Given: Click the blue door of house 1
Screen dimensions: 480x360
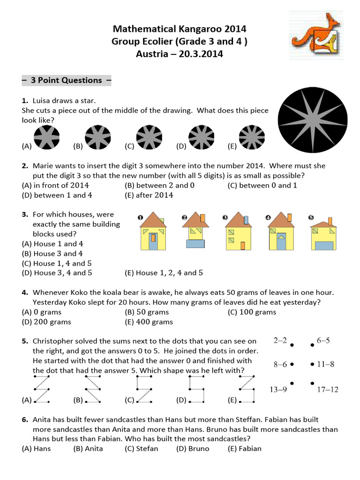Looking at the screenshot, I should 153,241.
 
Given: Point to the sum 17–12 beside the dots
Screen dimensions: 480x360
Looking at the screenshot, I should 328,389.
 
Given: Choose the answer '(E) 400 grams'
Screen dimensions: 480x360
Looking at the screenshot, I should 149,322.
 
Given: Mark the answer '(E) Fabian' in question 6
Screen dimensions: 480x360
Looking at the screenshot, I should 244,449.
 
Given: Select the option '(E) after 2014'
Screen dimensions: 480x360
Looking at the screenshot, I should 149,195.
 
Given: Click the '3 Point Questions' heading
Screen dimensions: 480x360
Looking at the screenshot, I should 66,80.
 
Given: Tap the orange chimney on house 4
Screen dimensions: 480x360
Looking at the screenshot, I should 289,217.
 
